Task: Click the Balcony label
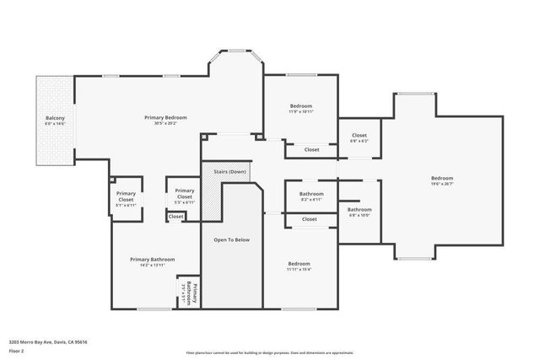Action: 55,117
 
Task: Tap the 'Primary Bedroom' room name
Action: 165,117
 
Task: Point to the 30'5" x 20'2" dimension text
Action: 165,123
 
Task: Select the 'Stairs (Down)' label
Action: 229,171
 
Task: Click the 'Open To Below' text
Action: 231,240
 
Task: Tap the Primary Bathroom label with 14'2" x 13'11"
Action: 152,259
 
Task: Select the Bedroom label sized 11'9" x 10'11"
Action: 300,105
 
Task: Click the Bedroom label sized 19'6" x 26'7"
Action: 442,178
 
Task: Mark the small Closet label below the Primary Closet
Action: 175,217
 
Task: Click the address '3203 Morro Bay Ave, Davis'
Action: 48,341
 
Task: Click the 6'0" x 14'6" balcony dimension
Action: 55,123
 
